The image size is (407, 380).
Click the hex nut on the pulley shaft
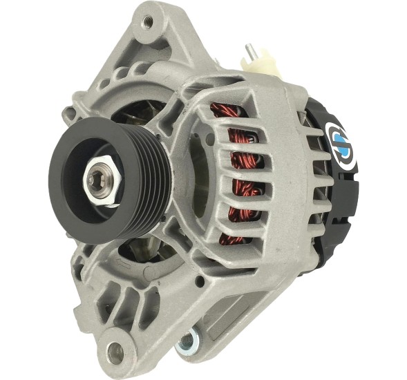97,180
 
